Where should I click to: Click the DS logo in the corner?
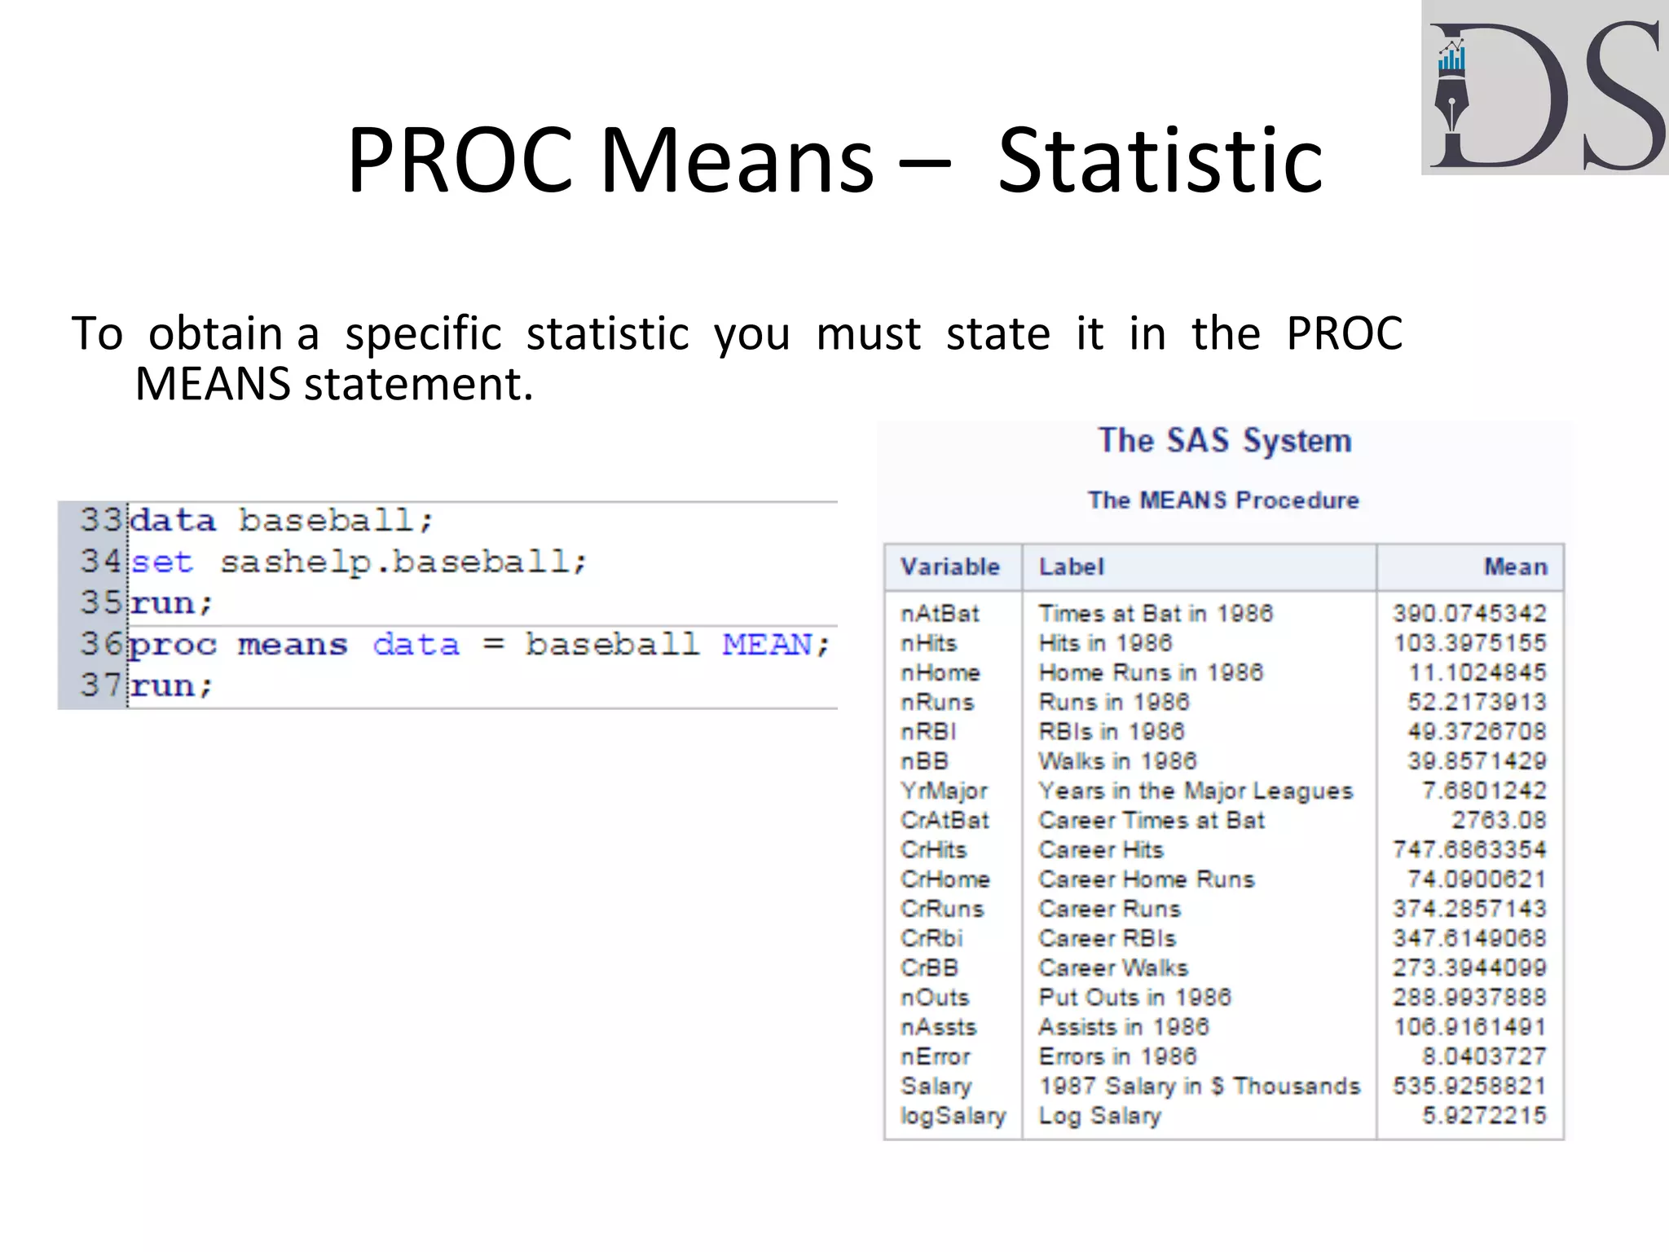(1544, 88)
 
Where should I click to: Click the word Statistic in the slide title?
(1160, 161)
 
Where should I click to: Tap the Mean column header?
(1515, 566)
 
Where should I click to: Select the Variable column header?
(949, 566)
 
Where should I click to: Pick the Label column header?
(1071, 566)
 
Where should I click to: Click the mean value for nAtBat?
(1469, 613)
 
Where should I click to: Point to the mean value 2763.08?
(1498, 820)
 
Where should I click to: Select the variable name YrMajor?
(944, 791)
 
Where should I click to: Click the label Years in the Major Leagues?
(1195, 791)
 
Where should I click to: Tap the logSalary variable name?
(953, 1116)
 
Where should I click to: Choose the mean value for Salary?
(1469, 1086)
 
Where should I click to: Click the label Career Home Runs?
(1146, 879)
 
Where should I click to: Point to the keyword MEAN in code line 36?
(767, 645)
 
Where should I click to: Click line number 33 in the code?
(99, 520)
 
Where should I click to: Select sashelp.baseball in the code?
(403, 562)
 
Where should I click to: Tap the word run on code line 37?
(162, 686)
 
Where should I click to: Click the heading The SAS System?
(1224, 441)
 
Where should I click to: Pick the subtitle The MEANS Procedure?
(1223, 500)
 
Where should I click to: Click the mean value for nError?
(1483, 1056)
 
